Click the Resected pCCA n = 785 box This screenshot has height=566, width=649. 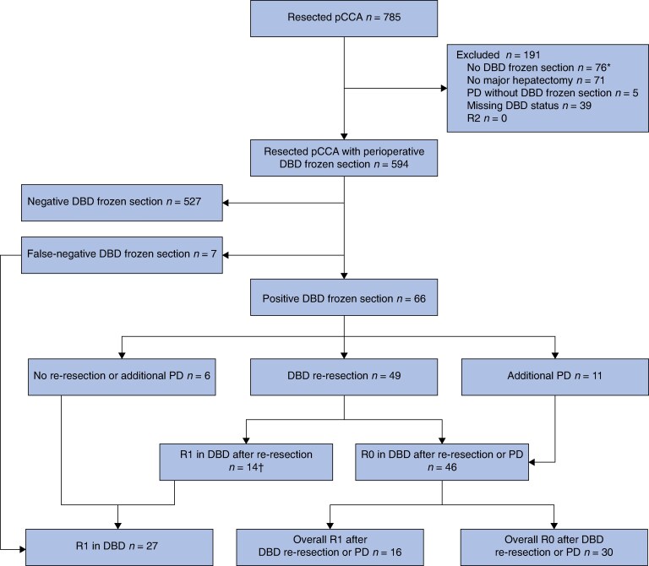pyautogui.click(x=344, y=19)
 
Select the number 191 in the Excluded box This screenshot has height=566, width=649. pyautogui.click(x=531, y=55)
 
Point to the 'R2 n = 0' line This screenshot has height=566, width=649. pyautogui.click(x=487, y=118)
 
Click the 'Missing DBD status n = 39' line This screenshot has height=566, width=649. pyautogui.click(x=529, y=106)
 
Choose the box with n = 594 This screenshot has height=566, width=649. pyautogui.click(x=344, y=158)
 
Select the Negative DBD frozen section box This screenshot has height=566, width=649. pyautogui.click(x=122, y=203)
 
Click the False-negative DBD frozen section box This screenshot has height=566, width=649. pyautogui.click(x=122, y=255)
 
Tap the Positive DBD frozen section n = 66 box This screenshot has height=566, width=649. pyautogui.click(x=344, y=297)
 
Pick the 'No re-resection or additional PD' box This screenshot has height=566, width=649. pyautogui.click(x=122, y=377)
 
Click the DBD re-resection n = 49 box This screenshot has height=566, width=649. pyautogui.click(x=344, y=377)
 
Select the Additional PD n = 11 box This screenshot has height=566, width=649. pyautogui.click(x=555, y=377)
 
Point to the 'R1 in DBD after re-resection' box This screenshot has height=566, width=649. pyautogui.click(x=246, y=462)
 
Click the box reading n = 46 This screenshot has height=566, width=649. pyautogui.click(x=442, y=462)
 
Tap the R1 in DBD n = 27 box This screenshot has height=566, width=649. pyautogui.click(x=120, y=547)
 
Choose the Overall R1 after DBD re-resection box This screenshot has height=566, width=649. pyautogui.click(x=330, y=547)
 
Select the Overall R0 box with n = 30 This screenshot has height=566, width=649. pyautogui.click(x=554, y=547)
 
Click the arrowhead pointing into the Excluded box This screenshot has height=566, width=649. pyautogui.click(x=444, y=88)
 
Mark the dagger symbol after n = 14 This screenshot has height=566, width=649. pyautogui.click(x=261, y=467)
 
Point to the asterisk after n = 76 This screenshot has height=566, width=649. pyautogui.click(x=608, y=66)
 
